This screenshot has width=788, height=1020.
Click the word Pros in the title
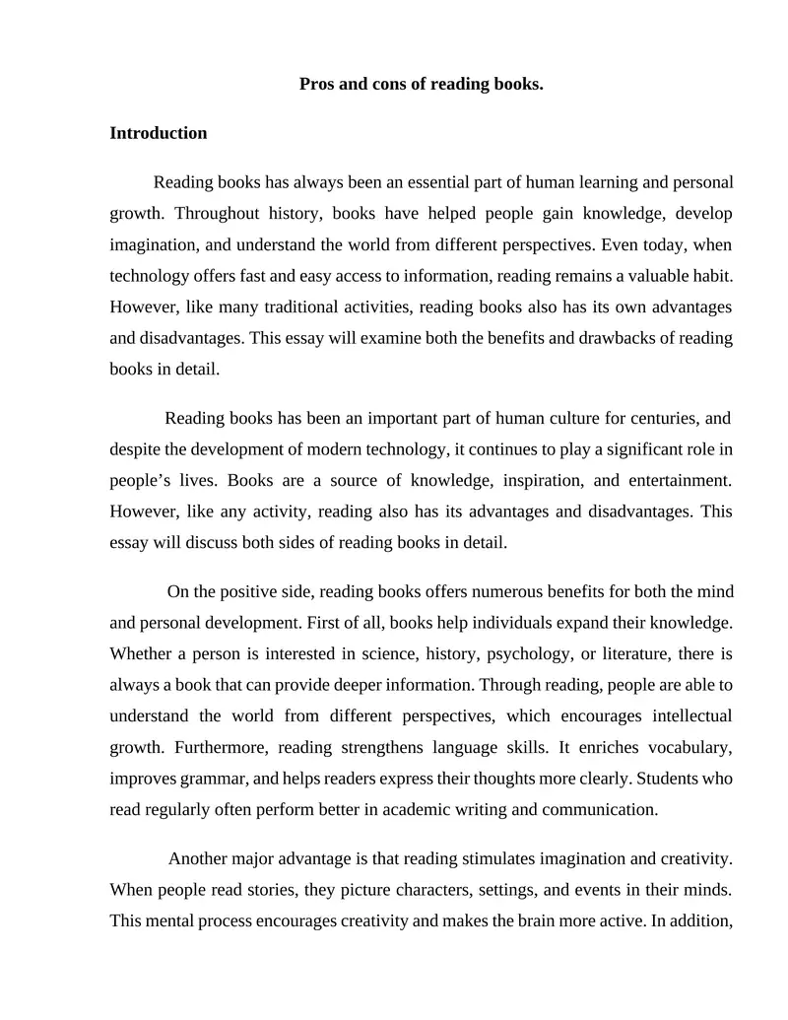[316, 84]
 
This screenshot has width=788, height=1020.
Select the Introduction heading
[159, 133]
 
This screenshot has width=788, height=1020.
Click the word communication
[595, 810]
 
